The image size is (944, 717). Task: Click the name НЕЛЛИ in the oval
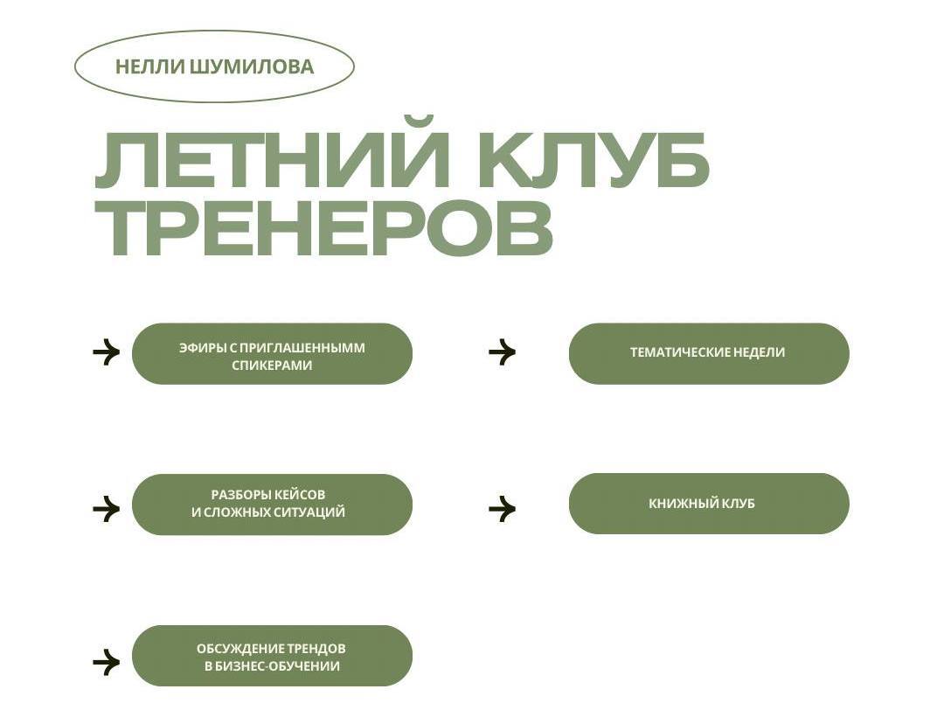point(149,67)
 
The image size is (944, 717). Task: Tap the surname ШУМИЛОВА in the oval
point(251,67)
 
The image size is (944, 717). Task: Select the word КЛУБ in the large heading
point(594,161)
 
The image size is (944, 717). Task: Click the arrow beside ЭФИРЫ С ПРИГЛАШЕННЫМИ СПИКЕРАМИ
point(106,352)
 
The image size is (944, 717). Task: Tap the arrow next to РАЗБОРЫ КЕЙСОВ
point(106,508)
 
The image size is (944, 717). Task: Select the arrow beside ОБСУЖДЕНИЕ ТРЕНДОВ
point(106,662)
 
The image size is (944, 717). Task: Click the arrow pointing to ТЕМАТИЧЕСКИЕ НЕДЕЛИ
point(502,352)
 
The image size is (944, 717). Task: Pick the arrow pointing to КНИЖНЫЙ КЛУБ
point(502,508)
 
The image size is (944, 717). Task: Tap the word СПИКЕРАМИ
point(272,365)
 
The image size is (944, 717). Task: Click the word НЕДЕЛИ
point(760,353)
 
